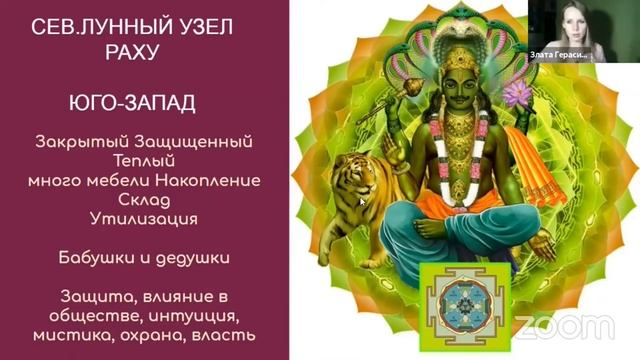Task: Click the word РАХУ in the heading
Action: (x=133, y=53)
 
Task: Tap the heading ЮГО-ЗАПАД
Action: (x=133, y=102)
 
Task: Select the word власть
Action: (x=222, y=334)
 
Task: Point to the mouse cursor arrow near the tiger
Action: (x=363, y=201)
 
